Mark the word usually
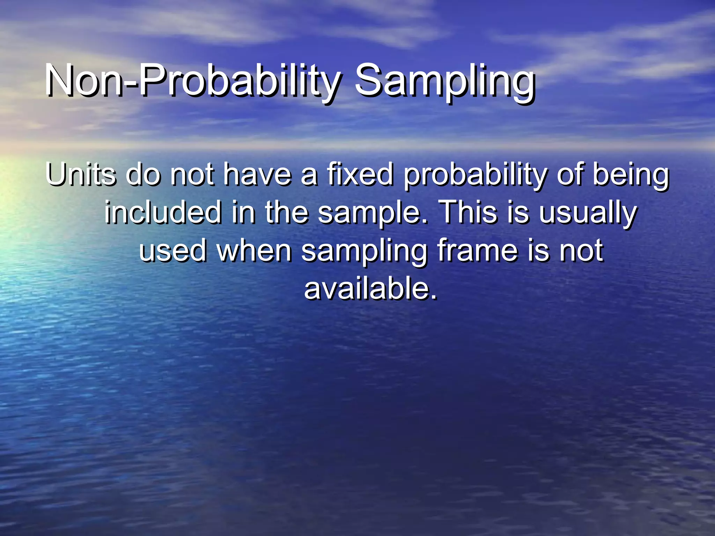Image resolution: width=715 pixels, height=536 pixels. click(588, 214)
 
